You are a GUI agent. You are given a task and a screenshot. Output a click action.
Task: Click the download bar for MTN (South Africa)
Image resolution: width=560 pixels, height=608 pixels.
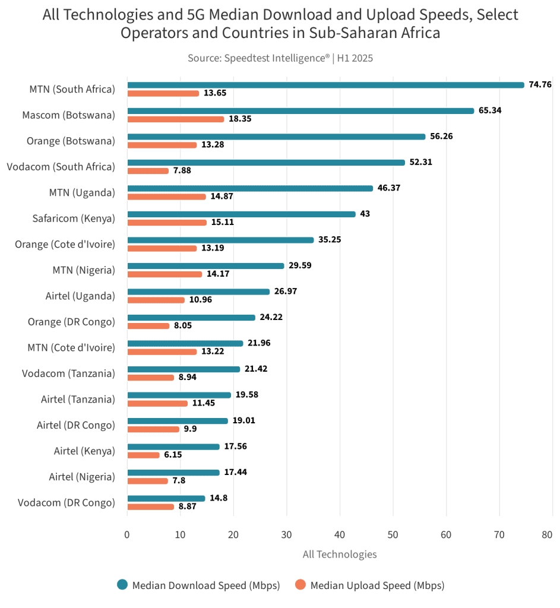pos(325,85)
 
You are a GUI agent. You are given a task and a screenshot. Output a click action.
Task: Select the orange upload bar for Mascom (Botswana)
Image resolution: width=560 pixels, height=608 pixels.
pos(176,119)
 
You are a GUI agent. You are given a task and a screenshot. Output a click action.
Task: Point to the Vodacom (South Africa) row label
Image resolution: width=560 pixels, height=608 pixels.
pos(61,167)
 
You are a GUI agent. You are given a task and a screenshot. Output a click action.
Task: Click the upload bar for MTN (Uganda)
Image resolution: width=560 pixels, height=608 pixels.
pos(166,197)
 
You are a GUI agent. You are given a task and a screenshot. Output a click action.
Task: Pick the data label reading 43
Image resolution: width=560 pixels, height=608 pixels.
pos(365,213)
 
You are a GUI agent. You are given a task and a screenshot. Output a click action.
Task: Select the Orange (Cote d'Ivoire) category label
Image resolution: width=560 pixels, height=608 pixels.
pos(65,244)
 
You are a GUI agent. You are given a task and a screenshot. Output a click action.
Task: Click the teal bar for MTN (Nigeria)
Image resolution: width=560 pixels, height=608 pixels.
pos(205,265)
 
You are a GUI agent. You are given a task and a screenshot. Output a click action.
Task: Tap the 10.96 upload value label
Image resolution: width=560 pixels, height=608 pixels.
pos(201,300)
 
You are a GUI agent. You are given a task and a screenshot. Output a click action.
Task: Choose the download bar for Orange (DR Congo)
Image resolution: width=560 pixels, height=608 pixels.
pos(191,317)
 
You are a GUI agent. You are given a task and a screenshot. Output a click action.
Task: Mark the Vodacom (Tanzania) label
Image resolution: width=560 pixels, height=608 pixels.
pos(68,373)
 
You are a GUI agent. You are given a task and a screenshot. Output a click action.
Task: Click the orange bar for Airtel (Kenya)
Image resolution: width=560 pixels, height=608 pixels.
pos(144,455)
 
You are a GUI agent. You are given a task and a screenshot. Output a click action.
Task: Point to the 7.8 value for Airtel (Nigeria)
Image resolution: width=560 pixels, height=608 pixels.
pos(179,481)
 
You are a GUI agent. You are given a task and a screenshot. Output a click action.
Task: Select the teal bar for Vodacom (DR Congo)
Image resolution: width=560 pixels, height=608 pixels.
pos(166,498)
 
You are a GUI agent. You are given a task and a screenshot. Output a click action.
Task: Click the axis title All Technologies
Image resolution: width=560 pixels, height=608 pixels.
pos(339,555)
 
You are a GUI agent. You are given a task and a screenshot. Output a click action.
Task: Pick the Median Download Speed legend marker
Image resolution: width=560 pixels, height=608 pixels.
pos(123,585)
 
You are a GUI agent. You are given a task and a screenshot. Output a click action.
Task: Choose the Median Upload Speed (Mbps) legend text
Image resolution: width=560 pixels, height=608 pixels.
pos(377,585)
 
